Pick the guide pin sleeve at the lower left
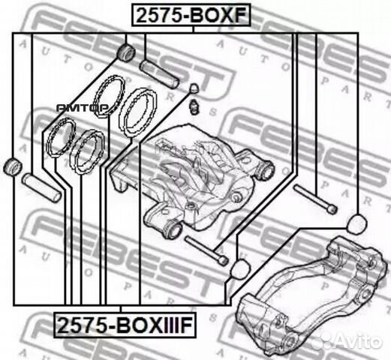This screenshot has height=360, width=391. [41, 188]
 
